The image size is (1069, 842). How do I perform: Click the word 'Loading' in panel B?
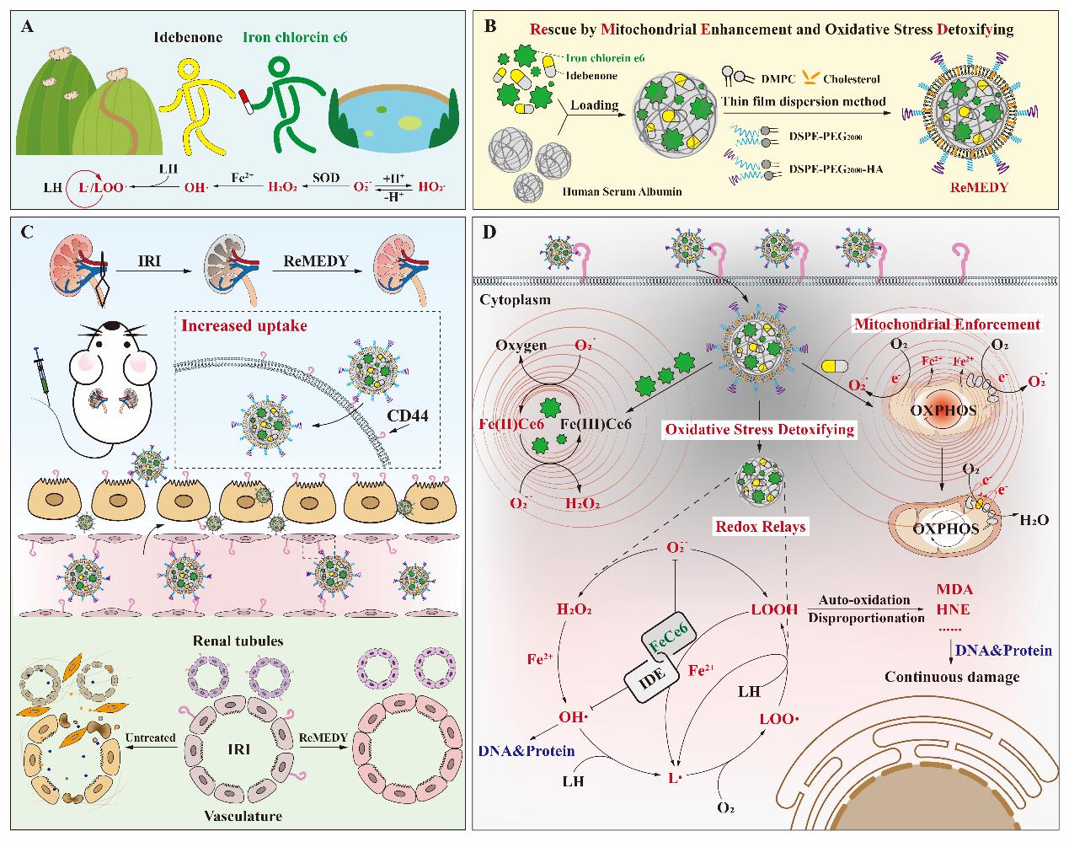pos(596,105)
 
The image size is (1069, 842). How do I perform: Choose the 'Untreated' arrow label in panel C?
pos(150,738)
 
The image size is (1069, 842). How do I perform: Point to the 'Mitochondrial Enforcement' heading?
pos(947,324)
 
